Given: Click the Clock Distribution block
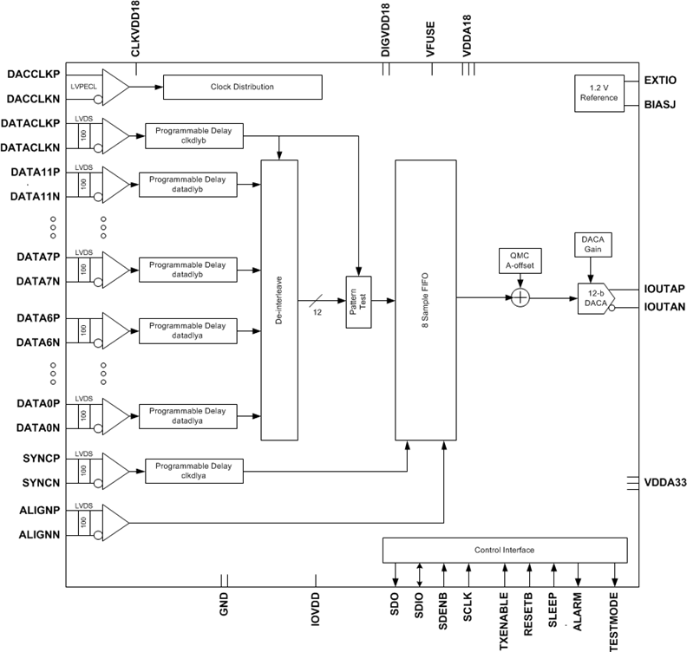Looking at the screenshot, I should coord(242,87).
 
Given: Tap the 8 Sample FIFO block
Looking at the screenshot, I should coord(427,300).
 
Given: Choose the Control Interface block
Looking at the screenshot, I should coord(504,551).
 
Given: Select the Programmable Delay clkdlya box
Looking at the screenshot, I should coord(194,471).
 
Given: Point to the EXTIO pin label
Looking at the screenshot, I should coord(661,80).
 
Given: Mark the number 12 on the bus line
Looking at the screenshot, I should coord(317,311).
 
